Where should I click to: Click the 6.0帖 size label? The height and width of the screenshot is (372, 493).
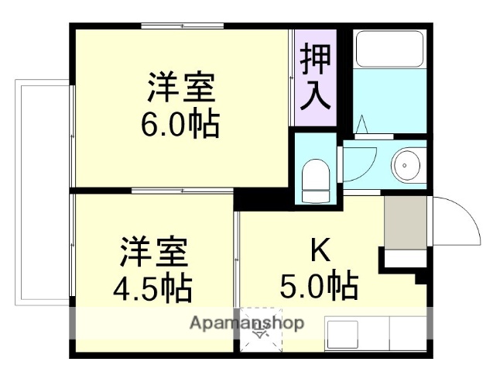click(179, 124)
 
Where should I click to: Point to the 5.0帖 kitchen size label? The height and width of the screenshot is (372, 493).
click(319, 287)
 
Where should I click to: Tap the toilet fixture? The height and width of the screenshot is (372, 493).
click(315, 177)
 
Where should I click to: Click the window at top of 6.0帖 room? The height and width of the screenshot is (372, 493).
click(183, 27)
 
